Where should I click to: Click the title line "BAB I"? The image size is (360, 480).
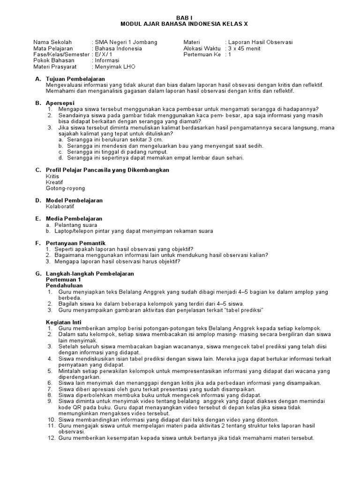181,16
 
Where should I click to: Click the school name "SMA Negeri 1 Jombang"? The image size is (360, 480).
126,42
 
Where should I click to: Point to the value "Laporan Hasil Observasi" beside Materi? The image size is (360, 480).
261,42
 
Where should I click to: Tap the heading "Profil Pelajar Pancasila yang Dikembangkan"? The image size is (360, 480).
107,170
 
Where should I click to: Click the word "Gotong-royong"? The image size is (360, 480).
65,188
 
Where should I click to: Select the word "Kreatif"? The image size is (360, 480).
54,182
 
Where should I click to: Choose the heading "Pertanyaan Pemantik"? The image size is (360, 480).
75,243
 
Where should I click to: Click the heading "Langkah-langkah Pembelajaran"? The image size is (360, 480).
90,273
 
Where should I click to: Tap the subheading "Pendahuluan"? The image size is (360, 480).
64,285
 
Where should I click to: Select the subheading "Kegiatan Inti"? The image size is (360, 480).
65,322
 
